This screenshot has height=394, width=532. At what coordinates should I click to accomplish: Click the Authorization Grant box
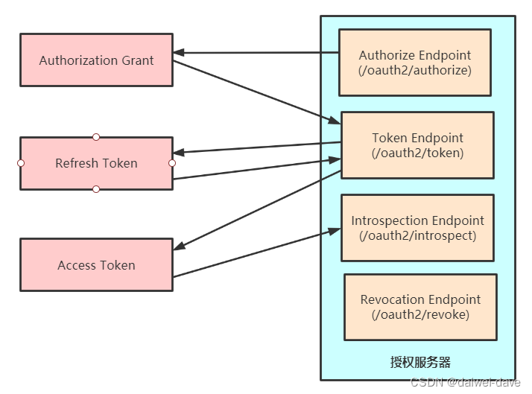tap(96, 60)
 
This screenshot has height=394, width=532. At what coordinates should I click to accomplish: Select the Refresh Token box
tap(96, 163)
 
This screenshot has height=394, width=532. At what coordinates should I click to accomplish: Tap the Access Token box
tap(96, 265)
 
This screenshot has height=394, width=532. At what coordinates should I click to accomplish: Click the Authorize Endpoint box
tap(415, 63)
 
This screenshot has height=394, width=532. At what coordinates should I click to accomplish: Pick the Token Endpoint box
tap(417, 145)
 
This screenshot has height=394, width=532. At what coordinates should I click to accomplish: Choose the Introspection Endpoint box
tap(417, 228)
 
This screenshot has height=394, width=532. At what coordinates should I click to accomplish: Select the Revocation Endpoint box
tap(420, 307)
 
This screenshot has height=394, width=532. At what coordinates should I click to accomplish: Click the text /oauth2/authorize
tap(415, 71)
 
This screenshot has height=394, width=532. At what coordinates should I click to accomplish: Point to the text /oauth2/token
tap(417, 153)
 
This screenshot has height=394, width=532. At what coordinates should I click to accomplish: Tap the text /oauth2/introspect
tap(417, 236)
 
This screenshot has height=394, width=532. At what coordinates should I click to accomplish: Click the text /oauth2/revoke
tap(420, 315)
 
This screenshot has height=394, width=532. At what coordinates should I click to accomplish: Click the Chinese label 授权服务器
tap(420, 363)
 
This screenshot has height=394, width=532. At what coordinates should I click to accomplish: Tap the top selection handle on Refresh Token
tap(96, 137)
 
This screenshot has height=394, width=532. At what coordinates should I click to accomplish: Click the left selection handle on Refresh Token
tap(21, 163)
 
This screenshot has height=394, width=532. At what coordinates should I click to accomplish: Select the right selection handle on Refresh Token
tap(172, 163)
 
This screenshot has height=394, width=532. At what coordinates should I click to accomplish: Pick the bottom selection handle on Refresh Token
tap(96, 189)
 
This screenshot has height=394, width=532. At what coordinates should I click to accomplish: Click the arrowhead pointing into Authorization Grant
tap(180, 53)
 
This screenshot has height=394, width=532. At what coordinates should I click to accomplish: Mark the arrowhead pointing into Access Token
tap(180, 248)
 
